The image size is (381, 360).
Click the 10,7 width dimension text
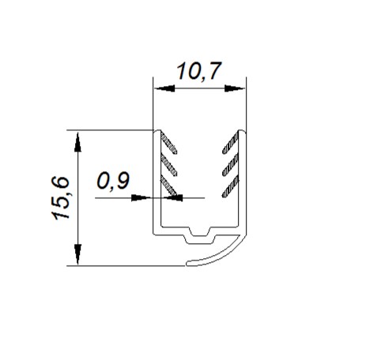pyautogui.click(x=199, y=71)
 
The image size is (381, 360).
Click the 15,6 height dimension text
pyautogui.click(x=60, y=198)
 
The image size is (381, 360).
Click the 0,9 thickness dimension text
pyautogui.click(x=113, y=181)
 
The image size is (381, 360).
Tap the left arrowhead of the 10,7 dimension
pyautogui.click(x=164, y=88)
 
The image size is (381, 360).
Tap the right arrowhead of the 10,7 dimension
pyautogui.click(x=235, y=88)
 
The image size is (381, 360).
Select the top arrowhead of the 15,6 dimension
pyautogui.click(x=77, y=142)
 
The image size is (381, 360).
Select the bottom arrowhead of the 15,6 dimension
pyautogui.click(x=77, y=254)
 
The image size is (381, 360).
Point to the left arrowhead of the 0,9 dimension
pyautogui.click(x=141, y=197)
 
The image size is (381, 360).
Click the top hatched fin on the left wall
pyautogui.click(x=168, y=143)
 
